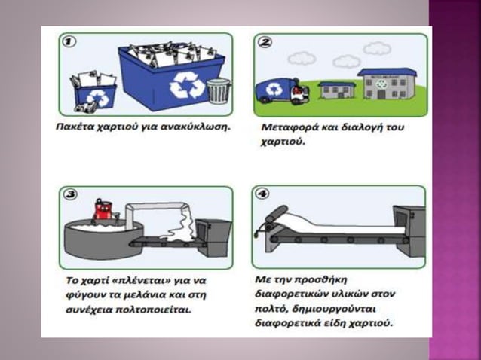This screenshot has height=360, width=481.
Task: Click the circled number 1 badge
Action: (69, 41)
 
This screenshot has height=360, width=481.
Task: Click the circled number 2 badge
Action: (265, 42)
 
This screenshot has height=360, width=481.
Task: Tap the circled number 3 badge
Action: (70, 194)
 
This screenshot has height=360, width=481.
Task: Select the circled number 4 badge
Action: (262, 194)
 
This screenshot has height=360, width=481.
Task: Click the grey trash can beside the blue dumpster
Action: (219, 90)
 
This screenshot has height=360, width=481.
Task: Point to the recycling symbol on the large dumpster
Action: (187, 85)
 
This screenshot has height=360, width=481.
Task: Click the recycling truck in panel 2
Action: (282, 91)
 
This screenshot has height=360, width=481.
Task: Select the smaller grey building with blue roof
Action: (337, 90)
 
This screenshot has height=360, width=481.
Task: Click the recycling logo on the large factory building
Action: (382, 84)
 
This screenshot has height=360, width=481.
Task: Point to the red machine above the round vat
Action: (103, 211)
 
